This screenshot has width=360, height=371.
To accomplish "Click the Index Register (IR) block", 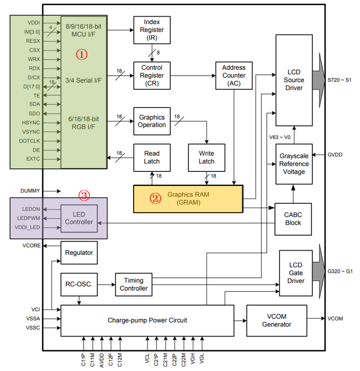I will click(151, 30).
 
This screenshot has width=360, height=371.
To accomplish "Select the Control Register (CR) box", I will click(151, 75).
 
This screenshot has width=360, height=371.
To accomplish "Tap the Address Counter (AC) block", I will click(233, 75).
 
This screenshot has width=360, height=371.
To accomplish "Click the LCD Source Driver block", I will click(294, 79).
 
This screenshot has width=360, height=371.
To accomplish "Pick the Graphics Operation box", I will click(151, 121).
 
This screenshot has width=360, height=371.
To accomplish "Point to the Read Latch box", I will click(151, 158).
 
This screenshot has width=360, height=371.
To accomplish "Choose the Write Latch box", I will click(206, 158).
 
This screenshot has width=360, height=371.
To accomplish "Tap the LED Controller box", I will click(79, 218).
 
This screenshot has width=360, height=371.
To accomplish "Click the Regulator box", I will click(79, 252).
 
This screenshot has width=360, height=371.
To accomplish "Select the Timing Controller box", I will click(133, 284).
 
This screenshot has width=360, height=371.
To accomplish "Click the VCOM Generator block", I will click(277, 320).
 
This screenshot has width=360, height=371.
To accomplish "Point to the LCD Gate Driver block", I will click(295, 273).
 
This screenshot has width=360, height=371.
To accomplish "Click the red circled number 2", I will click(155, 198).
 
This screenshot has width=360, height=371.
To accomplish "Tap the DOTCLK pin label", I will click(30, 141).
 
